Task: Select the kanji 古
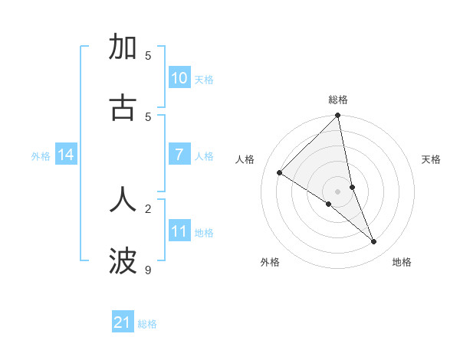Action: (x=123, y=108)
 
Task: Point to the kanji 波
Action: (x=123, y=261)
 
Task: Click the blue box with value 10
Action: (x=179, y=77)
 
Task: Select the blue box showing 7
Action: (x=179, y=154)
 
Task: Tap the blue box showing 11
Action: (x=179, y=231)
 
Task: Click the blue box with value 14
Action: (x=66, y=155)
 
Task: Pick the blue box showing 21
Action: (x=123, y=322)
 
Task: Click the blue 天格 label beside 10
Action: (x=204, y=79)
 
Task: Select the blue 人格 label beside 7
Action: (x=204, y=156)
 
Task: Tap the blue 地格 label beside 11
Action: (x=204, y=233)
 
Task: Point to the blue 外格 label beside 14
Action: (x=41, y=156)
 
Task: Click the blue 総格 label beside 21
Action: (x=147, y=324)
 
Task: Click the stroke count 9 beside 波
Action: (x=148, y=270)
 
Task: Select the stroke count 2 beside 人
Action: (x=148, y=208)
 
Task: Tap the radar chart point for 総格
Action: (x=337, y=116)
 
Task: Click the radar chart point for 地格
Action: (x=374, y=242)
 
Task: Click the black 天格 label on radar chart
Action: (x=432, y=159)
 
